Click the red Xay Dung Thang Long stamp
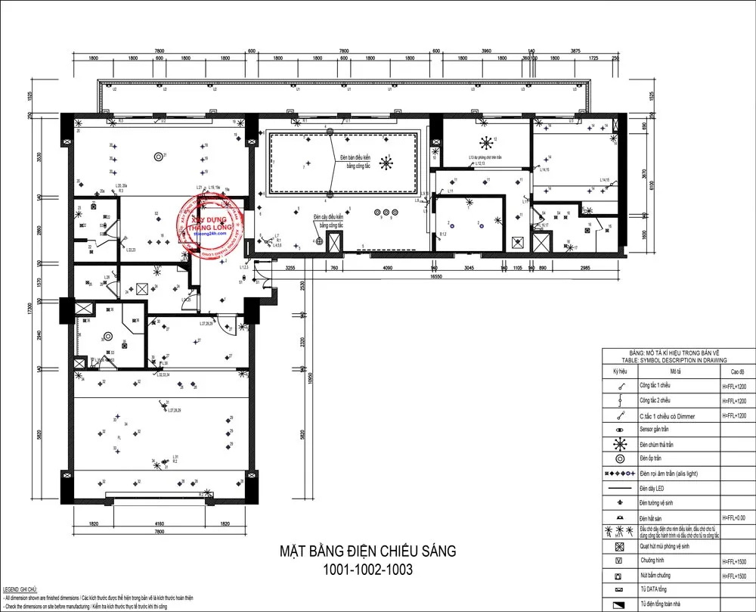pos(212,225)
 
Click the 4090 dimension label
pos(386,268)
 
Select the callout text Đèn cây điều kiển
pos(330,216)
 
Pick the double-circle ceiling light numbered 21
pos(159,157)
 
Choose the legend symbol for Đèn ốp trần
pos(620,458)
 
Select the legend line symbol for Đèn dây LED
pos(620,488)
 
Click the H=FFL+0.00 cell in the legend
pos(737,517)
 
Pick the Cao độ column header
pos(737,372)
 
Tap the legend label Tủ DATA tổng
pos(655,590)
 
